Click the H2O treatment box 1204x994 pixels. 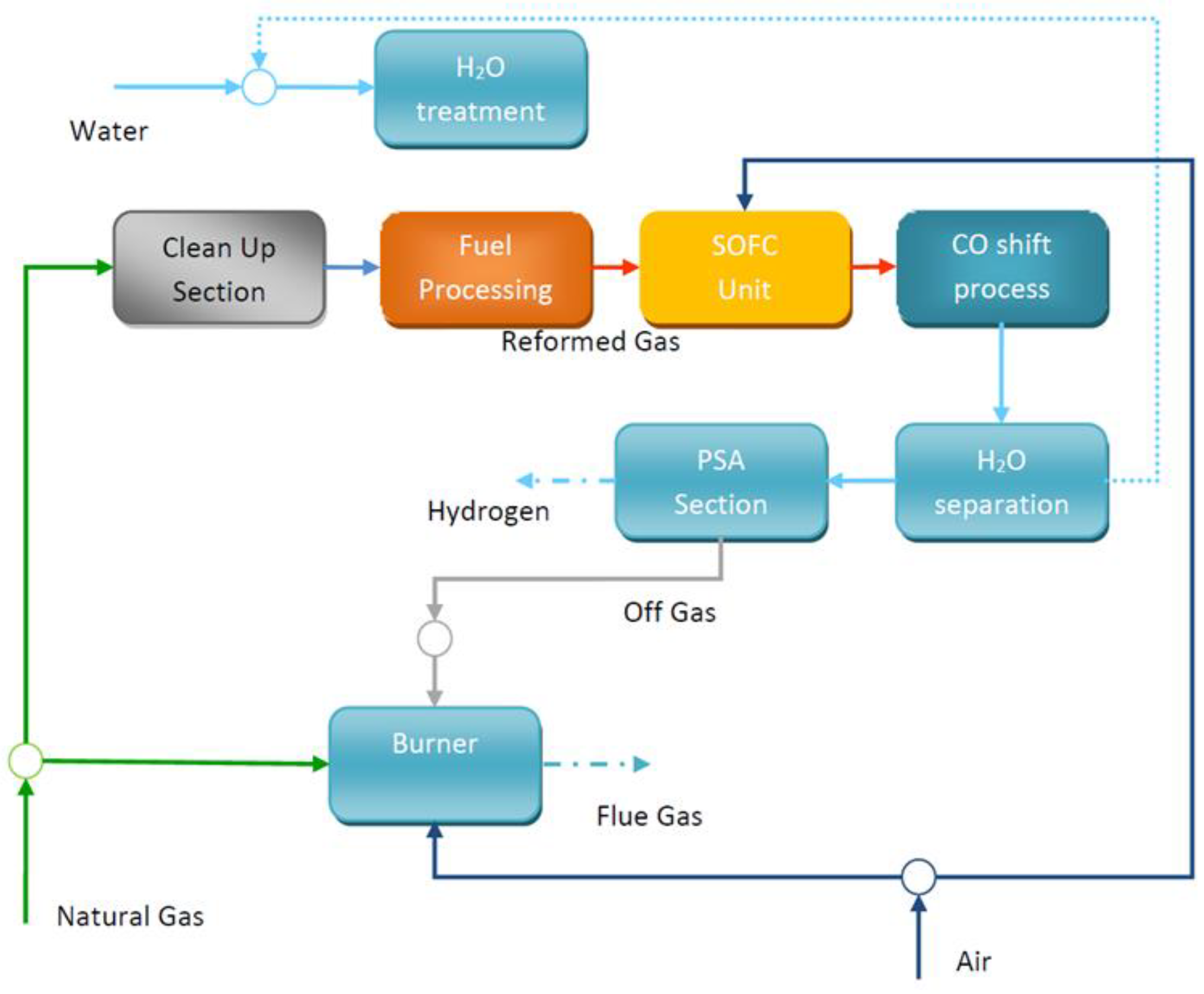click(x=480, y=89)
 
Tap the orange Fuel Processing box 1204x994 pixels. click(x=486, y=268)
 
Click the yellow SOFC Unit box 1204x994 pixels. click(x=744, y=268)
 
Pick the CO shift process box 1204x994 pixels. click(x=1001, y=268)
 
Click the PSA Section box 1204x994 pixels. click(x=720, y=482)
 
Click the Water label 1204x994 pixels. click(x=109, y=131)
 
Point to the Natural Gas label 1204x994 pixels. click(x=130, y=916)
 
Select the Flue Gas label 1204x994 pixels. click(x=648, y=816)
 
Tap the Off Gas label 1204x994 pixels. click(x=669, y=612)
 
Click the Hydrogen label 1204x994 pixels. click(x=488, y=511)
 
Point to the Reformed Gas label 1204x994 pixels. click(x=590, y=341)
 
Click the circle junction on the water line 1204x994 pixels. click(x=259, y=87)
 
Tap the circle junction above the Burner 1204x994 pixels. click(x=434, y=638)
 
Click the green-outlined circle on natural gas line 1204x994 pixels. click(x=26, y=761)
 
